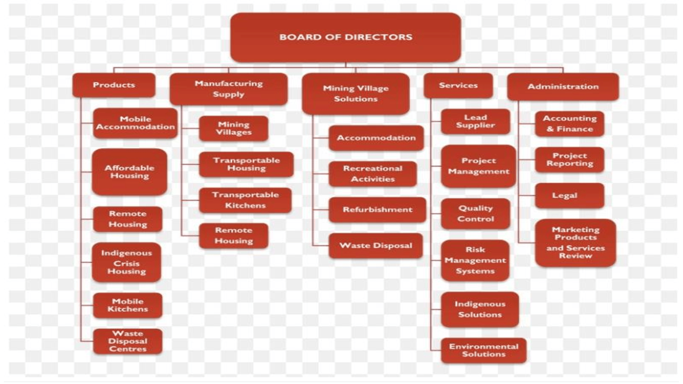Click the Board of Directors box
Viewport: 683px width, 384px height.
[345, 37]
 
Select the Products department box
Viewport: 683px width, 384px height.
[114, 85]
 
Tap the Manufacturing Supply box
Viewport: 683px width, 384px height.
[228, 89]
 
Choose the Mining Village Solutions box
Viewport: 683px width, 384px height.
[355, 93]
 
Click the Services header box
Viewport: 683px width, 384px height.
[458, 85]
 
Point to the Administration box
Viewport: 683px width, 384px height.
[563, 87]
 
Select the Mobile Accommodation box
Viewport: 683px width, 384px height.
[135, 123]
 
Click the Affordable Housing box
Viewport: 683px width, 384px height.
[129, 172]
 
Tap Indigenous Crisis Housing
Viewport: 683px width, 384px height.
[127, 262]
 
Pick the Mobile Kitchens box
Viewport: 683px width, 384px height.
[128, 305]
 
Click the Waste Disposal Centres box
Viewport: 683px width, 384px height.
[128, 341]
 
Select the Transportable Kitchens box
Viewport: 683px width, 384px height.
[245, 200]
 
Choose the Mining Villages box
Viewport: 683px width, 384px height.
[234, 128]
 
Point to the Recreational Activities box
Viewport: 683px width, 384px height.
[373, 174]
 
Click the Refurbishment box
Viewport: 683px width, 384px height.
[377, 210]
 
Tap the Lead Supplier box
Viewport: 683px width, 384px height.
[475, 121]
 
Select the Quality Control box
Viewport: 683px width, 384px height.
[475, 214]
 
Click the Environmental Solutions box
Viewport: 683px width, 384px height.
[484, 350]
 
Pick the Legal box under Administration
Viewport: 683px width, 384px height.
[570, 196]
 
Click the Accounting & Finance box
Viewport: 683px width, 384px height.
[570, 124]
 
